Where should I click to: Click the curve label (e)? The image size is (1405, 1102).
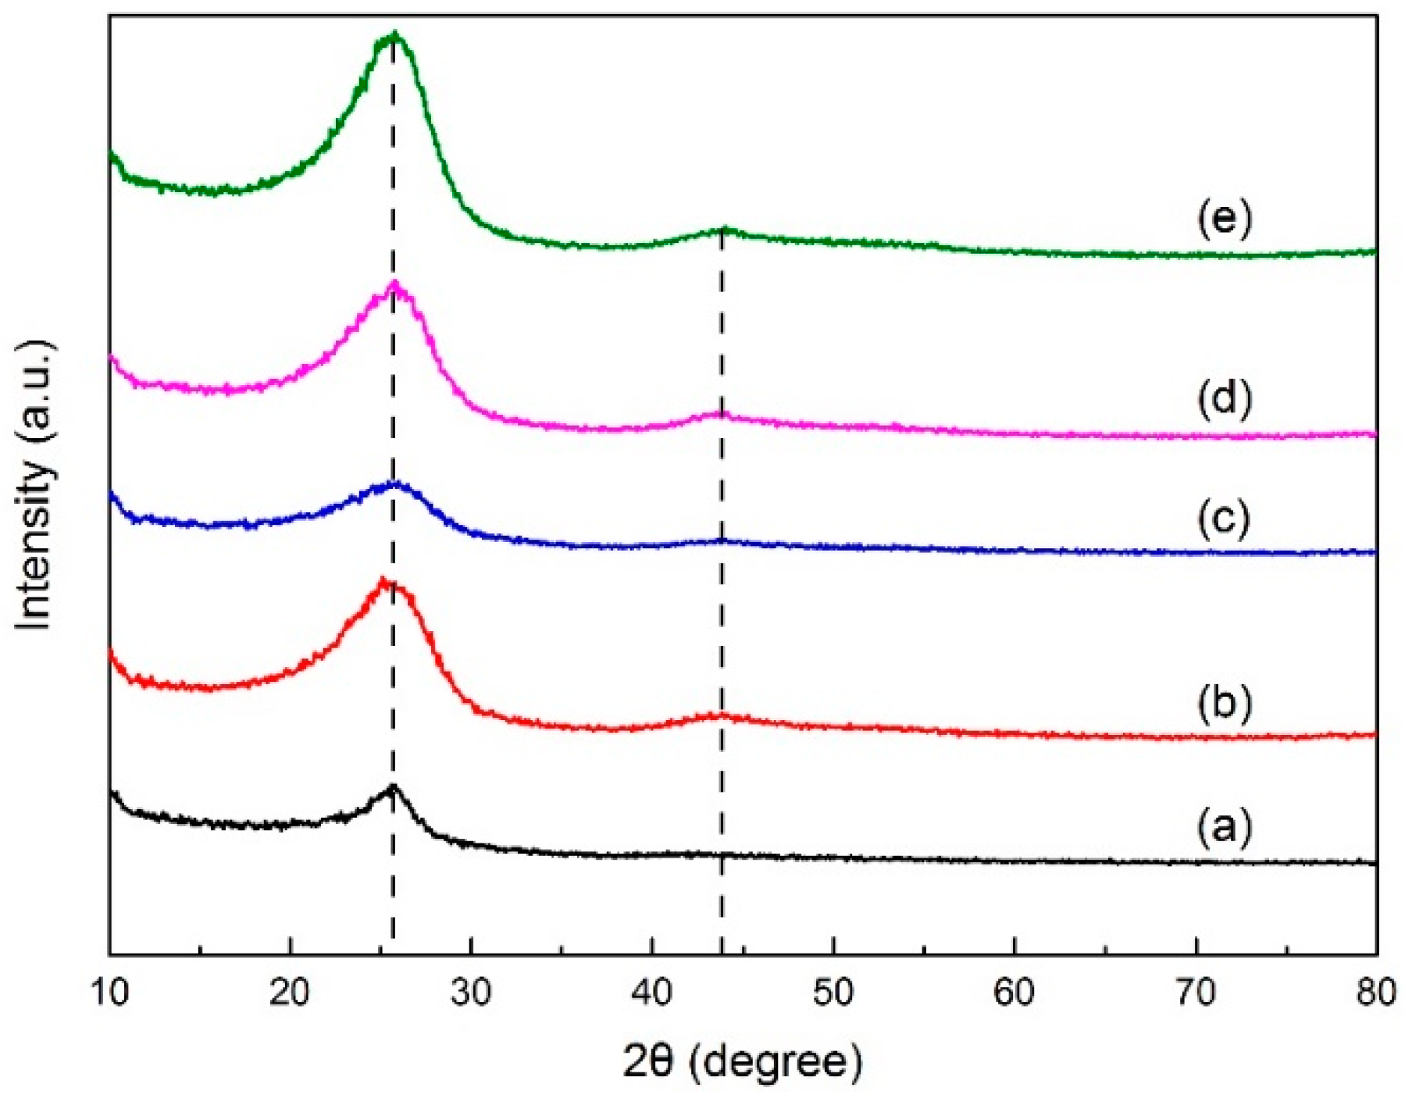[1224, 220]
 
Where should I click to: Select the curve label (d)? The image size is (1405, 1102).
[1224, 398]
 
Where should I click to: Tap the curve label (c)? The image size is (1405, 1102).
[1224, 519]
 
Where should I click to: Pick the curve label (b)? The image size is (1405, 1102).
[1224, 701]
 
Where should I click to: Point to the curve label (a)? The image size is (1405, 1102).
[1224, 826]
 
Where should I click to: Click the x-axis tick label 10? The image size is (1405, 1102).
[109, 993]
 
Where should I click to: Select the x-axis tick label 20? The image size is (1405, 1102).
[291, 993]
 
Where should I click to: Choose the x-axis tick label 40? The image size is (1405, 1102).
[652, 993]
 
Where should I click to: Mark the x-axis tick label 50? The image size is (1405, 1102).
[833, 993]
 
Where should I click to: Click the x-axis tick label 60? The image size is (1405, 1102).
[1015, 993]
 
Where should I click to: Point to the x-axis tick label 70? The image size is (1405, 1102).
[1196, 993]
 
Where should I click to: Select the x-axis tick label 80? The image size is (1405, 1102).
[1375, 993]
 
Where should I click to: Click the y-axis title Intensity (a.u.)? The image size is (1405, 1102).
[35, 484]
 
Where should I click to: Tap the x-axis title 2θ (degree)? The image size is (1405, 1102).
[742, 1062]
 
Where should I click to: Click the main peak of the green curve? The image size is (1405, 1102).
[394, 35]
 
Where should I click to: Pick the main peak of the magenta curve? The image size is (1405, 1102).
[394, 284]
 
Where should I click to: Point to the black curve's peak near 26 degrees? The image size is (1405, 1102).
[392, 787]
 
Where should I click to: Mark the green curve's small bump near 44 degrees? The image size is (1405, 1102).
[725, 230]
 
